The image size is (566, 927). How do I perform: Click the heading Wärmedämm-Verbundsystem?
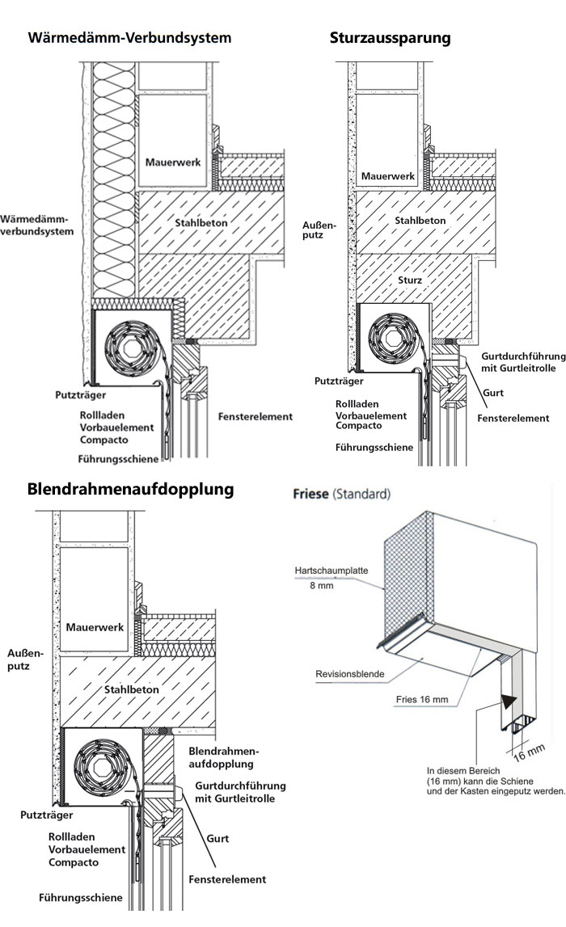tap(129, 38)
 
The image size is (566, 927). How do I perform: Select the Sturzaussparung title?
tap(390, 38)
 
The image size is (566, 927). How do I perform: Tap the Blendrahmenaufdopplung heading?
tap(130, 489)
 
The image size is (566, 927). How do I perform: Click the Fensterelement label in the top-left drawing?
tap(256, 417)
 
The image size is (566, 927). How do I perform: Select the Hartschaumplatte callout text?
tap(332, 570)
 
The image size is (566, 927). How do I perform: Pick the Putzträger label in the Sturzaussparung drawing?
tap(338, 381)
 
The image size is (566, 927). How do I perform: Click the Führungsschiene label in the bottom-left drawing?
tap(81, 898)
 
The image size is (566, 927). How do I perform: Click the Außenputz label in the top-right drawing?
tap(312, 229)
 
